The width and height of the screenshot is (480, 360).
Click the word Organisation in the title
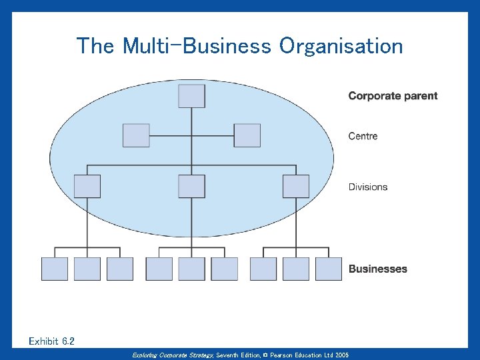[341, 47]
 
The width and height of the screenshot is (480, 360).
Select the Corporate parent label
[393, 96]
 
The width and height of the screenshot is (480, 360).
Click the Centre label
[363, 136]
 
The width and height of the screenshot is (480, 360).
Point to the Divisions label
[367, 187]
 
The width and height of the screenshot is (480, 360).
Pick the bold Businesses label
[377, 269]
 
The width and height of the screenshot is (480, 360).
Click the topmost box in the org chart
[192, 96]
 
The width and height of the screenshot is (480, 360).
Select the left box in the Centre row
[136, 135]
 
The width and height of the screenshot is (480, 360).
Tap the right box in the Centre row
[247, 135]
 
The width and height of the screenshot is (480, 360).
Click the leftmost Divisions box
[87, 186]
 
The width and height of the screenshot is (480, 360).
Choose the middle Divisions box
[192, 186]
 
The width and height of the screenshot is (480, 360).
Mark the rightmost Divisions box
[296, 186]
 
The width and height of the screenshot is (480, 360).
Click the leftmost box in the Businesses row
[55, 269]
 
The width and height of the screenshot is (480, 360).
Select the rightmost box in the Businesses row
[329, 269]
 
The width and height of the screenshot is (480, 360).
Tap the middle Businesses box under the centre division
[192, 269]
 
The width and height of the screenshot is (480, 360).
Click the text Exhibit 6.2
[52, 341]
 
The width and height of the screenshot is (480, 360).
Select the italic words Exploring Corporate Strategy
[173, 355]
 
